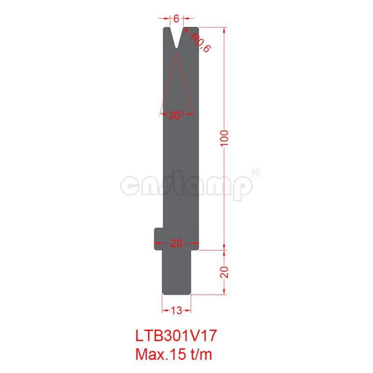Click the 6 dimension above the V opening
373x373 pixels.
click(x=176, y=19)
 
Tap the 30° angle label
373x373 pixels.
click(x=177, y=115)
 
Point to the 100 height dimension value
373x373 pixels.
click(x=226, y=138)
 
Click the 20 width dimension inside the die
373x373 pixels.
click(x=177, y=243)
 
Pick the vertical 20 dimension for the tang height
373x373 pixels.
click(x=226, y=272)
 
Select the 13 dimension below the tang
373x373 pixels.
click(x=177, y=310)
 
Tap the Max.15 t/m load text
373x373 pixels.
click(x=173, y=354)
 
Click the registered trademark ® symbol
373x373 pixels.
click(x=256, y=172)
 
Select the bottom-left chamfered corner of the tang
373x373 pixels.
click(x=164, y=293)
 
